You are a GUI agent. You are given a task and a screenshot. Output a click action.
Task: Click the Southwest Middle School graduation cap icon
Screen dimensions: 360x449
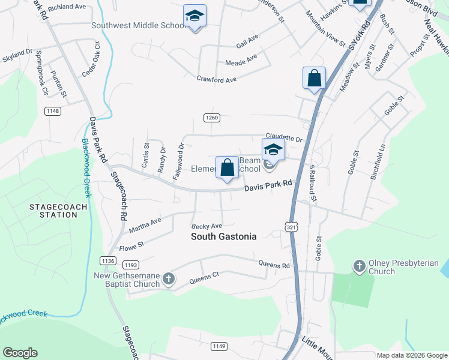click(x=194, y=17)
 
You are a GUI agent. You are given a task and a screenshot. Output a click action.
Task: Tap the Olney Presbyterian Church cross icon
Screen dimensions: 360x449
click(x=360, y=265)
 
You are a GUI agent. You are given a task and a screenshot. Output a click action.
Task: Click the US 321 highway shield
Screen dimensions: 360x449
click(x=290, y=227)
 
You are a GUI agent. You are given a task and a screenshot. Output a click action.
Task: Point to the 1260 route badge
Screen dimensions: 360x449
click(x=211, y=118)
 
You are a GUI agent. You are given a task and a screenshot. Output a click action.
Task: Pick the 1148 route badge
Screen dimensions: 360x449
click(x=53, y=111)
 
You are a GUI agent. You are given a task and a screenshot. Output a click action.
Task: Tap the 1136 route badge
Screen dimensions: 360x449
click(x=107, y=260)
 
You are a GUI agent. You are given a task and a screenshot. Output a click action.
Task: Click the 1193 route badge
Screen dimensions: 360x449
click(x=131, y=265)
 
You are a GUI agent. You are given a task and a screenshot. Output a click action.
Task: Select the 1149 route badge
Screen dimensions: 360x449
click(x=219, y=346)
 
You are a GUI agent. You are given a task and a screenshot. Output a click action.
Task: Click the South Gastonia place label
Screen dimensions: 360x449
click(x=223, y=236)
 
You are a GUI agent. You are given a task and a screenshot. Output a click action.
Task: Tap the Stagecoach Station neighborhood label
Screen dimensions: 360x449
click(x=59, y=211)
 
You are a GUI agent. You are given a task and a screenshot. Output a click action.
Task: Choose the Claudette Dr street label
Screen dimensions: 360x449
click(x=284, y=138)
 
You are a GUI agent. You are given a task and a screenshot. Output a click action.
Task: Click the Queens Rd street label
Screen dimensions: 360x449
click(x=274, y=264)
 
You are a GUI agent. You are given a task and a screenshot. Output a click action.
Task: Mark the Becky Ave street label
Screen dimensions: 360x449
click(x=206, y=226)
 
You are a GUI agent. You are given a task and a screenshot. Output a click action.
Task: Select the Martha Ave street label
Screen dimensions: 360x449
click(x=145, y=225)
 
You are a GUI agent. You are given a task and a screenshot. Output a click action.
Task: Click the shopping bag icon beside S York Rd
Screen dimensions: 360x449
click(x=314, y=78)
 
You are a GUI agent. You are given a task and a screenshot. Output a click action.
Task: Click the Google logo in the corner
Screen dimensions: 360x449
click(x=20, y=353)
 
